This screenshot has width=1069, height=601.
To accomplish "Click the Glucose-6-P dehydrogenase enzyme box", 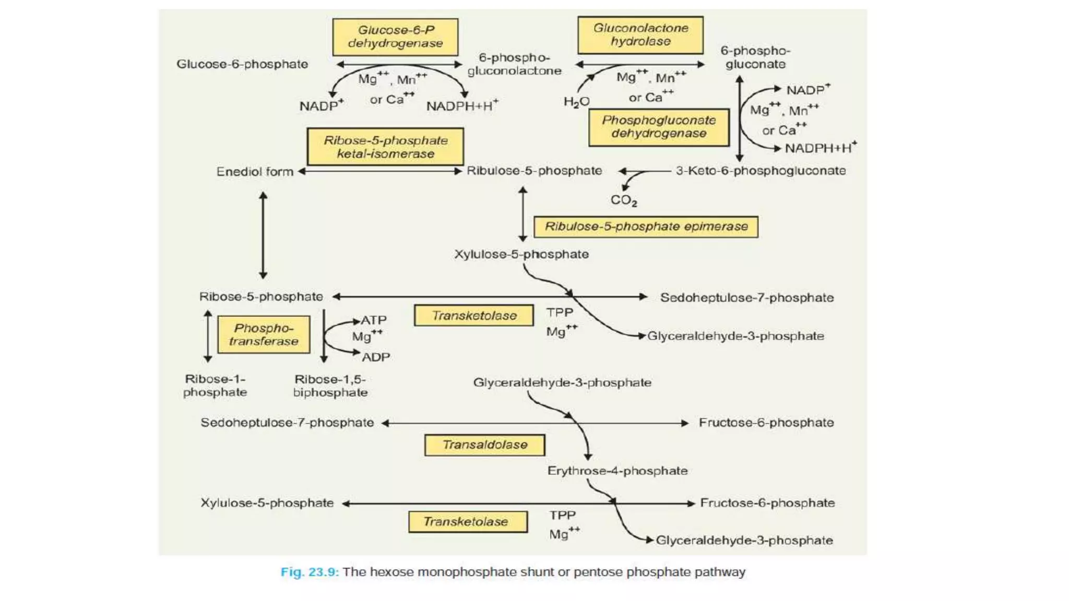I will pos(395,37).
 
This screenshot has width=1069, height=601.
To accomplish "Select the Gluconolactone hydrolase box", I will pos(640,35).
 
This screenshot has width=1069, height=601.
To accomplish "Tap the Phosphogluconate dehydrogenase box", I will pos(659,127).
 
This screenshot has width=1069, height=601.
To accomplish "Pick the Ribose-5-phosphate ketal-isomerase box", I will pos(385,147).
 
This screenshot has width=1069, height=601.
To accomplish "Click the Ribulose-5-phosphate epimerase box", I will pos(646,227).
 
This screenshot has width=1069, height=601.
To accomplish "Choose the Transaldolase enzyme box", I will pos(485,445).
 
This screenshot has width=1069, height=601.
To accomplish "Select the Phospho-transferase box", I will pos(264,334).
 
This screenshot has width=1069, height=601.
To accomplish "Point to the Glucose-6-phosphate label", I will pos(242,64).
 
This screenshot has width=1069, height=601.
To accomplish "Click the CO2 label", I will pos(624,200).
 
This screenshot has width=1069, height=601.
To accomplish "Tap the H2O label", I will pos(576,102).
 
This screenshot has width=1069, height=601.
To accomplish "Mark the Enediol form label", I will pos(255,172).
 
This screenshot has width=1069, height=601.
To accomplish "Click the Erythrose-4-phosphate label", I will pos(617,471).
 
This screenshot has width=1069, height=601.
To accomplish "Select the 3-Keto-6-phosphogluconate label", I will pos(761,171).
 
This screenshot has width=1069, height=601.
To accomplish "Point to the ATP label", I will pos(374,320).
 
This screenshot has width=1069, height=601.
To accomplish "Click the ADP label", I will pos(376,357).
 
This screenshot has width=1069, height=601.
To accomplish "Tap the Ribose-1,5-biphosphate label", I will pos(330,386).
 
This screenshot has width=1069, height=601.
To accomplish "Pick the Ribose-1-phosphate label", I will pos(215,386).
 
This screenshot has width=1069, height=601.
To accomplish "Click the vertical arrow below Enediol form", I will pos(263,235).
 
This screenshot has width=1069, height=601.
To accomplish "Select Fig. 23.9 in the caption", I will pos(310,572).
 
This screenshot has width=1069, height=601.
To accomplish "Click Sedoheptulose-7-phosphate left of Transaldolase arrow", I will pos(287,423).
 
